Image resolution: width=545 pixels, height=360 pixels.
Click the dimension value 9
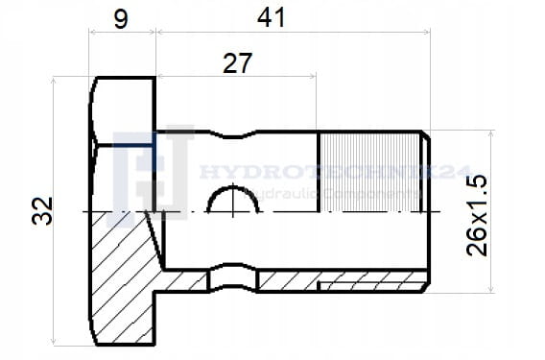pos(121,19)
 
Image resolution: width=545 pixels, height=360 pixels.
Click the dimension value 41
pos(272,18)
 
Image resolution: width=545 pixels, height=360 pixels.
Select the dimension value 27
pos(237,63)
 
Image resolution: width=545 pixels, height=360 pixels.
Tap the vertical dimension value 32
pos(42,211)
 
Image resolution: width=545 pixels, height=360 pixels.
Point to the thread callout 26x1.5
pos(477,216)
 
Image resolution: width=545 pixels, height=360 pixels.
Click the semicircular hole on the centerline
pos(233,188)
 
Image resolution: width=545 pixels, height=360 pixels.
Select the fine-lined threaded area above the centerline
pos(369,173)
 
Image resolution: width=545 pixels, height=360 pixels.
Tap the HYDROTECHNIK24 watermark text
pos(336,172)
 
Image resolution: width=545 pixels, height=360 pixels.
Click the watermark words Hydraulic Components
pos(330,193)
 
